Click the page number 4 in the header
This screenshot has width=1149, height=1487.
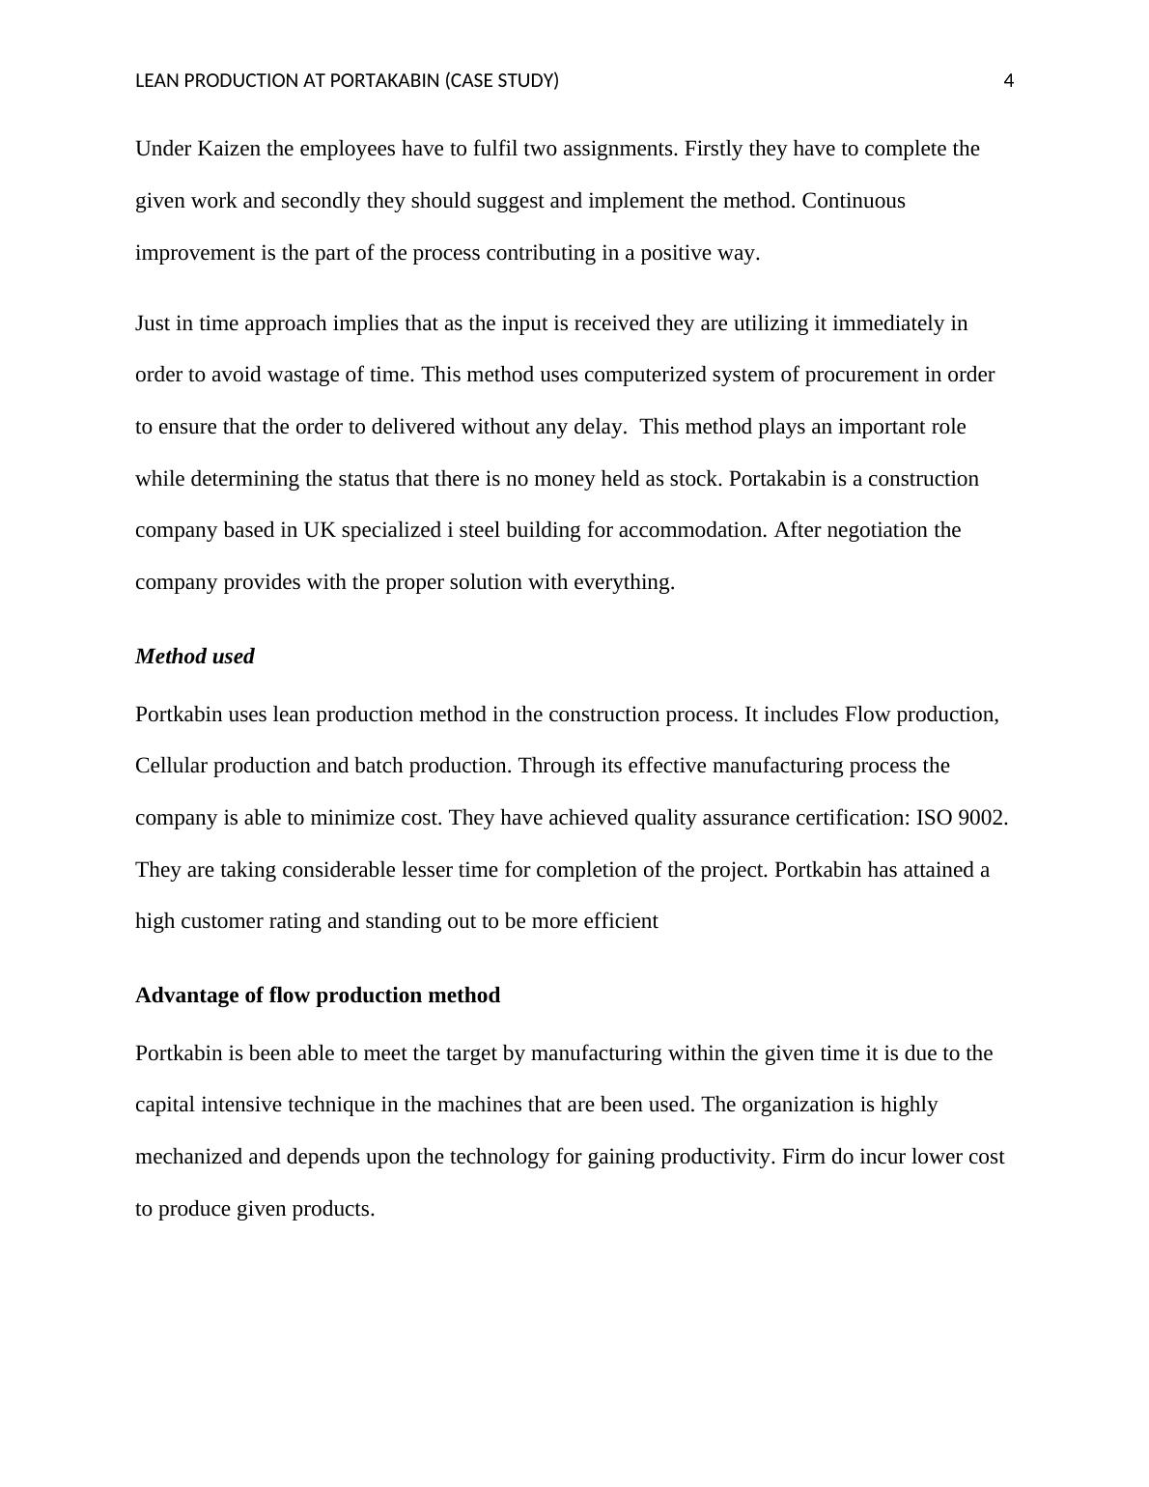click(1009, 81)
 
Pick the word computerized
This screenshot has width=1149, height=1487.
click(643, 375)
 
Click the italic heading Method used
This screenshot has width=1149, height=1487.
click(194, 657)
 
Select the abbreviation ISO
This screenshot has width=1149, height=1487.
click(934, 818)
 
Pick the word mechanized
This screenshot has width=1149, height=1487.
click(188, 1157)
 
